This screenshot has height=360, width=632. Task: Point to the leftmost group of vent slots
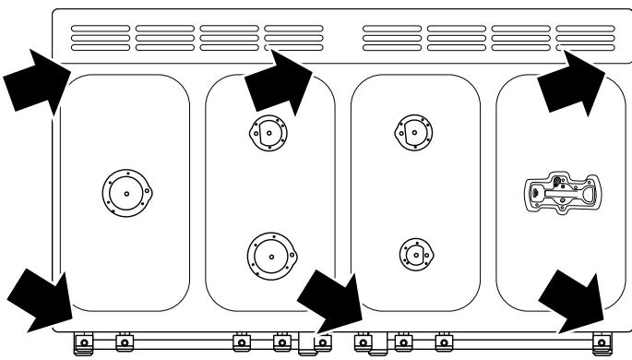pos(101,37)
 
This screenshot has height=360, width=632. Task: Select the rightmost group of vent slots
pos(586,37)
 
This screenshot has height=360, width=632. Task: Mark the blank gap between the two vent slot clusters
pos(340,37)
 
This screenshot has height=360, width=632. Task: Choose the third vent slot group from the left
pos(231,37)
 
